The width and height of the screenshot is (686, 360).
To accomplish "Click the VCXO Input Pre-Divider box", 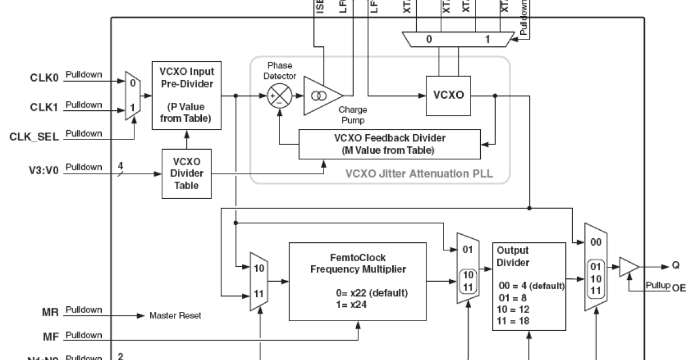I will pyautogui.click(x=187, y=95).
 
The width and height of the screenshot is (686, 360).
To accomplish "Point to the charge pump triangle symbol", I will pyautogui.click(x=322, y=95).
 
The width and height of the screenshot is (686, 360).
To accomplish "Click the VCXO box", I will pyautogui.click(x=449, y=95).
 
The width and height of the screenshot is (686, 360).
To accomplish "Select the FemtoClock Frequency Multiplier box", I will pyautogui.click(x=357, y=281).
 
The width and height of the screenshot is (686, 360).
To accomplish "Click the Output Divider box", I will pyautogui.click(x=529, y=286).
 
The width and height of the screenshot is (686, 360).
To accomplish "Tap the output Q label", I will pyautogui.click(x=675, y=265).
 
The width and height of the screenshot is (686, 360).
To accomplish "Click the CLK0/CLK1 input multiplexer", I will pyautogui.click(x=132, y=95).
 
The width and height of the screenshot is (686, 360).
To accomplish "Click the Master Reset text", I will pyautogui.click(x=175, y=315).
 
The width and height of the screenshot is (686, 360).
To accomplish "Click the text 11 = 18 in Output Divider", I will pyautogui.click(x=514, y=321).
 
